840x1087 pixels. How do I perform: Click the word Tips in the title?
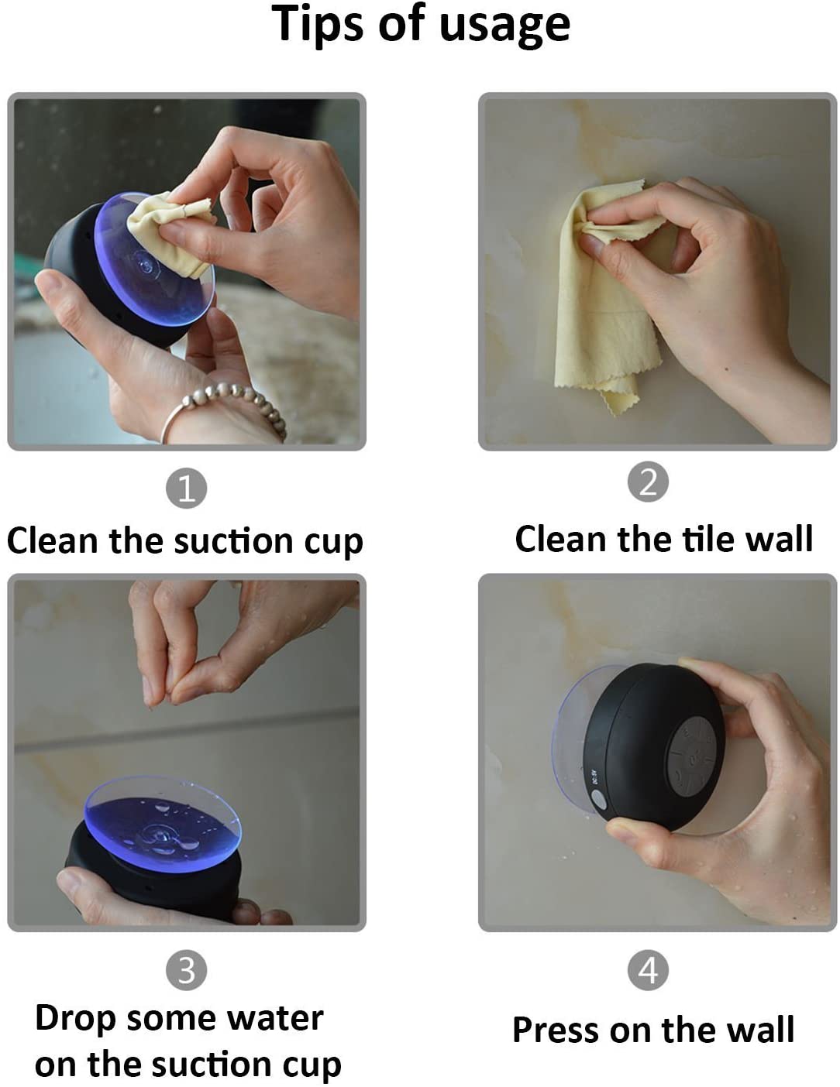[318, 25]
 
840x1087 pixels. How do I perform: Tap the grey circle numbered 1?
[186, 489]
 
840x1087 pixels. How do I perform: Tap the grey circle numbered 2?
[648, 482]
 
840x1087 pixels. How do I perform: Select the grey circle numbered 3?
[186, 970]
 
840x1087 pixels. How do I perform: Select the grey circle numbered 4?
[648, 970]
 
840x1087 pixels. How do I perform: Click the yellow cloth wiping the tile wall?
[597, 325]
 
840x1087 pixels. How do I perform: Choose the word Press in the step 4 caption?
[556, 1030]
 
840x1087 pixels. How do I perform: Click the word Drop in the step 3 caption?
[75, 1019]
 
